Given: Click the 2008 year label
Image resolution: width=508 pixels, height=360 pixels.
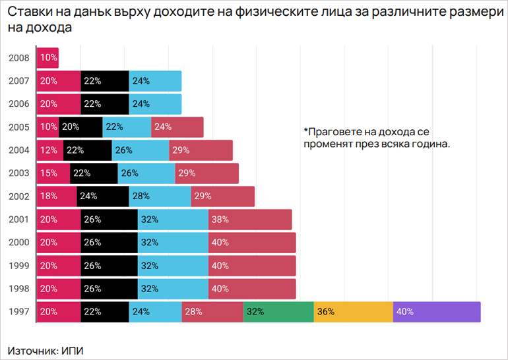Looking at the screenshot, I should coord(18,58).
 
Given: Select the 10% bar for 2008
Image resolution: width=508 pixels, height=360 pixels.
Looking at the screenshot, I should coord(48,58).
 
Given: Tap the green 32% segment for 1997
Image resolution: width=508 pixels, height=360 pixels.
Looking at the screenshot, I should coord(278,312).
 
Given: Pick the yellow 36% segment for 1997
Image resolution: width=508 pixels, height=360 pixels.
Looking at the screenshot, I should coord(353,312).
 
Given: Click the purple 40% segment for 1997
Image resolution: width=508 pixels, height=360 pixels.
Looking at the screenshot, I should coord(437,312).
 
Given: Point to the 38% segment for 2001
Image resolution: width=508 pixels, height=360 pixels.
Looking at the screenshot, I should coord(250,220).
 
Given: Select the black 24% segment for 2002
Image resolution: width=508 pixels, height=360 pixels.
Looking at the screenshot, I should coord(103,196).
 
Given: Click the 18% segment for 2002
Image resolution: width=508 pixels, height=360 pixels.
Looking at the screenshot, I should coord(56,196).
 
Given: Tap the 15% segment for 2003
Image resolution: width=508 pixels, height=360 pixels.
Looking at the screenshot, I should coord(53,173).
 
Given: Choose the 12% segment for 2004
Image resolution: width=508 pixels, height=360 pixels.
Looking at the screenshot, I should coord(49,150).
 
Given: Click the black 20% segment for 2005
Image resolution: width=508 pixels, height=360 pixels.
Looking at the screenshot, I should coord(80,127).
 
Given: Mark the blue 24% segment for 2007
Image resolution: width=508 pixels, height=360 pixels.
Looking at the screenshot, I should coord(155,81).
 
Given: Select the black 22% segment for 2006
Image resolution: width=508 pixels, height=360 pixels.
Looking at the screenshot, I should coord(105,104).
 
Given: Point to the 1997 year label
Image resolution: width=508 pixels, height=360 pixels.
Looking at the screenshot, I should coord(18,312).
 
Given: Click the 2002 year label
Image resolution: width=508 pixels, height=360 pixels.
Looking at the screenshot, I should coord(18,196).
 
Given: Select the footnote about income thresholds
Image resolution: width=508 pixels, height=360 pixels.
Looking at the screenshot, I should coord(376,137).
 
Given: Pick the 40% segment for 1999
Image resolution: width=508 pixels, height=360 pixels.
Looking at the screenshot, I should coord(252,266).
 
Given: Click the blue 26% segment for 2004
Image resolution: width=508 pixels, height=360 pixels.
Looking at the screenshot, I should coord(140,150).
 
